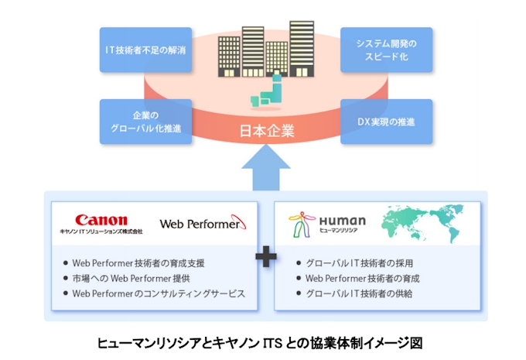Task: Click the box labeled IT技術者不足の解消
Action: click(146, 50)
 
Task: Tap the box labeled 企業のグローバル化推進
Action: click(146, 122)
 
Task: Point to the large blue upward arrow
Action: click(265, 170)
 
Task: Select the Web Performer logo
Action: click(203, 224)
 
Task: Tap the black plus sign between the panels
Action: click(265, 258)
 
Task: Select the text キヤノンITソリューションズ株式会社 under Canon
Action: click(101, 231)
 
